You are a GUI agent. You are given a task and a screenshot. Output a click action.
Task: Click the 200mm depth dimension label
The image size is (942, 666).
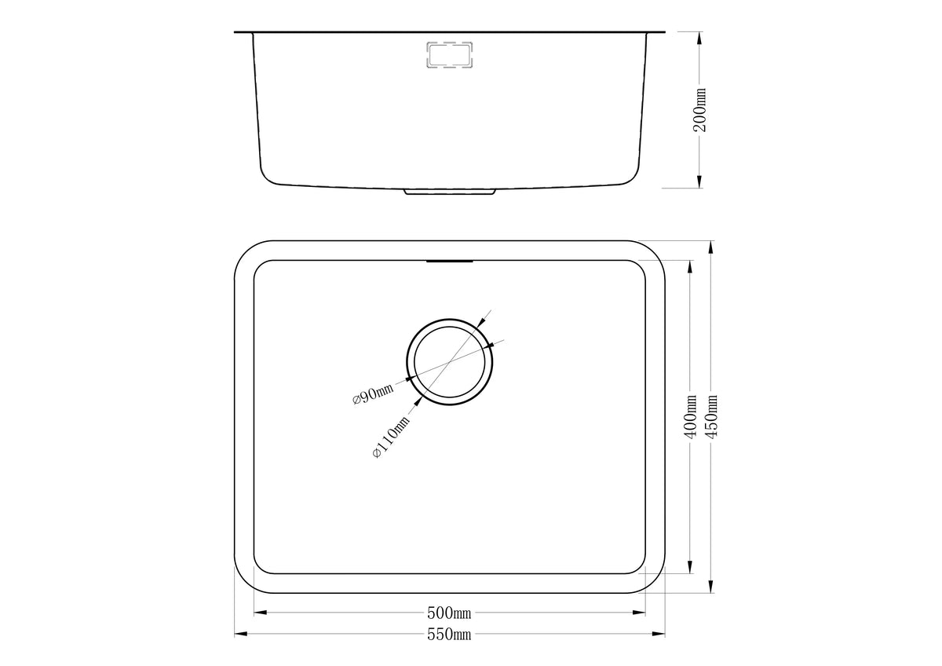[x=699, y=110]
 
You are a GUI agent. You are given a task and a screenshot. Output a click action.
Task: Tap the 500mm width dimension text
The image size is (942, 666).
[x=449, y=613]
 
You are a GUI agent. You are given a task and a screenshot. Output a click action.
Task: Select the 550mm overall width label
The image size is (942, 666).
[x=449, y=634]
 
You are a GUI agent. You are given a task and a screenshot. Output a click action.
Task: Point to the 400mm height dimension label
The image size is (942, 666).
[x=690, y=416]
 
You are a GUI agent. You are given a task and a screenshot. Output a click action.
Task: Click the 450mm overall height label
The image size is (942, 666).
[x=711, y=416]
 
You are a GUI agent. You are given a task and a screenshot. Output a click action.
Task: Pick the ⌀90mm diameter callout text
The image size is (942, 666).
[x=373, y=393]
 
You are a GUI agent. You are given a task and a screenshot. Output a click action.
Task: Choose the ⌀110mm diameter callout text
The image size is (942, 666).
[x=391, y=437]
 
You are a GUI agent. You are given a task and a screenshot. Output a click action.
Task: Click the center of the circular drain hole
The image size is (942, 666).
[x=450, y=362]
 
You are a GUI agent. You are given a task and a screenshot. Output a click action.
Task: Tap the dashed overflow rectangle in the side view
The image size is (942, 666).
[x=450, y=54]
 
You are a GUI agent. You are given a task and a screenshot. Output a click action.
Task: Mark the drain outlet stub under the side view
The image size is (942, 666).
[x=450, y=192]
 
